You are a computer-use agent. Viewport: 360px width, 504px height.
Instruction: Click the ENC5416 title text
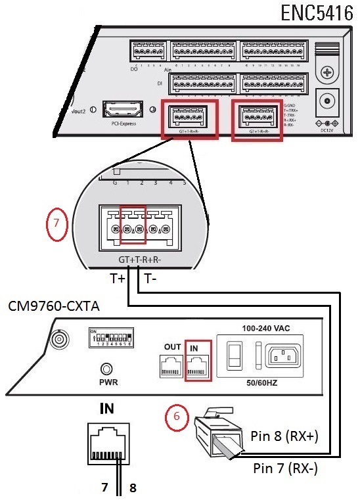(316, 14)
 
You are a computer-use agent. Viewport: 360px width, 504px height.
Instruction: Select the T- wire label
(150, 279)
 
